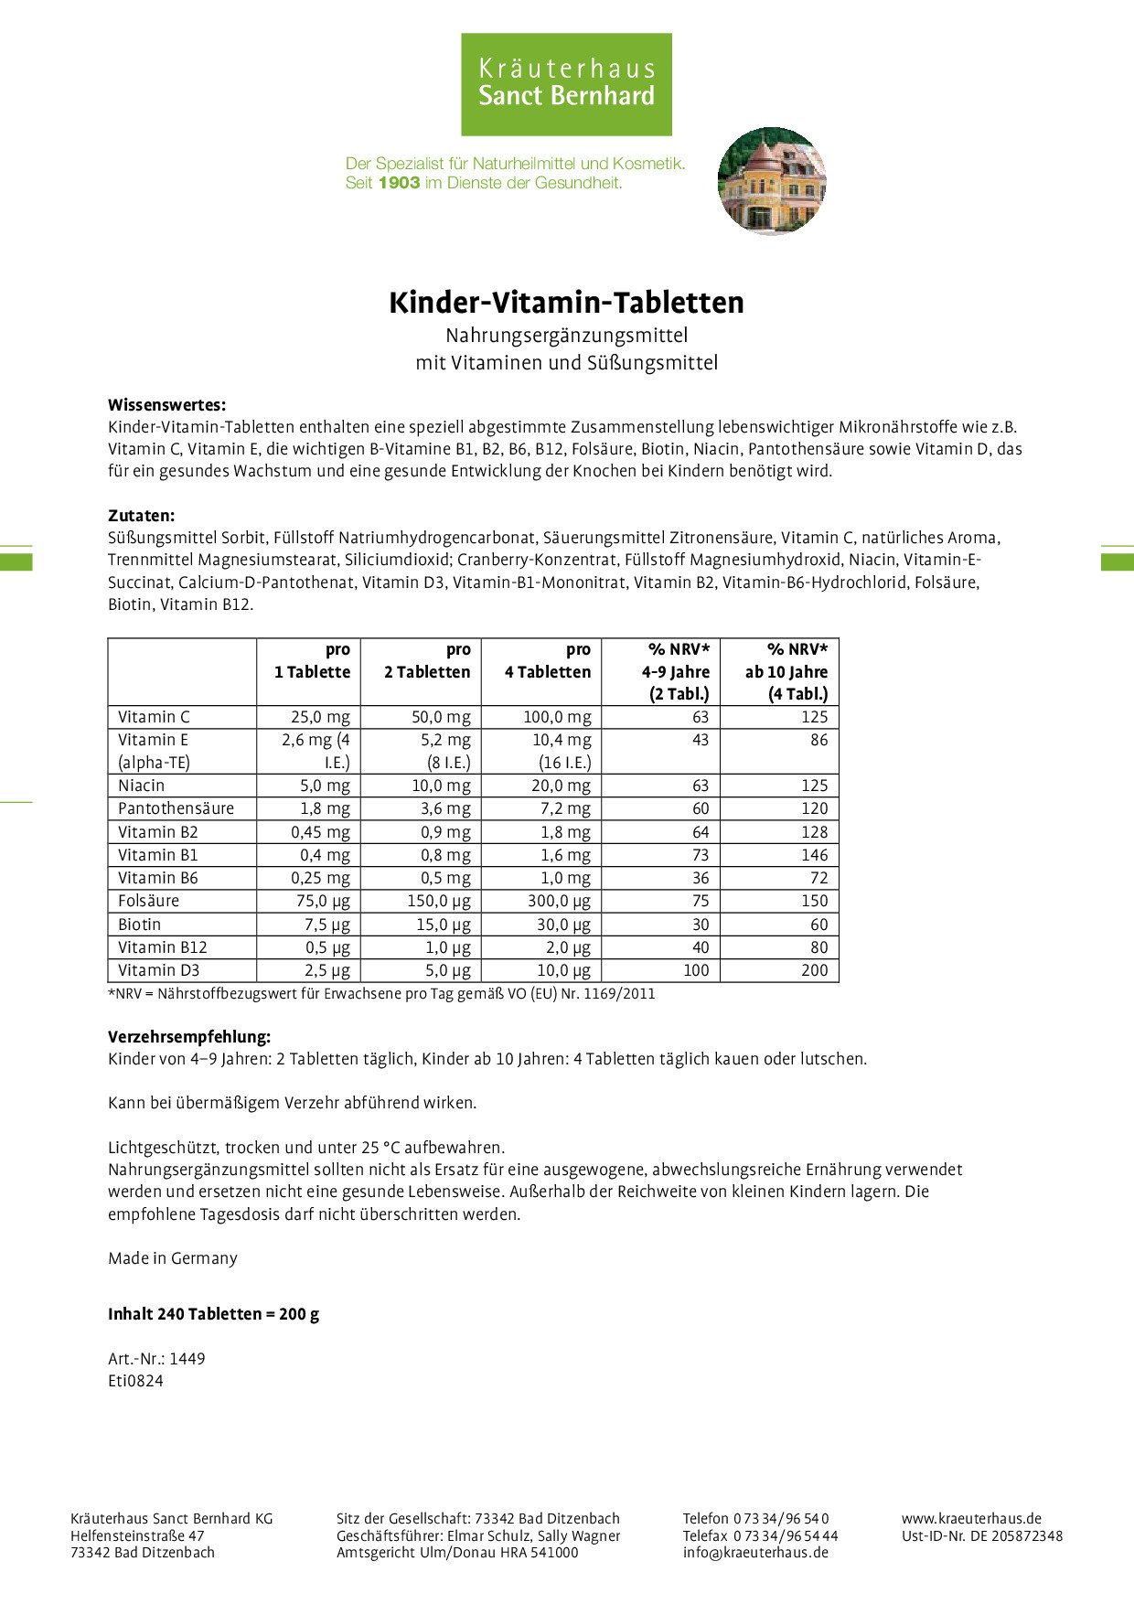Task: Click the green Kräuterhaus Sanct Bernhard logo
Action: click(x=566, y=84)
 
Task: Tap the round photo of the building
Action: click(x=772, y=181)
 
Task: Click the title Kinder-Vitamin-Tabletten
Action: click(x=566, y=303)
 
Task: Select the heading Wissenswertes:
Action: click(x=166, y=405)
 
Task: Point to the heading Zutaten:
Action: click(x=141, y=516)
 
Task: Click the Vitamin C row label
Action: click(x=154, y=717)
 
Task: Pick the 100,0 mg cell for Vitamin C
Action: click(x=556, y=717)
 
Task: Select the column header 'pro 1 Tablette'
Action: click(x=312, y=660)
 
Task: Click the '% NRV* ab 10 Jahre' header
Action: click(x=786, y=671)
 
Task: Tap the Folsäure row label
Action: click(x=148, y=901)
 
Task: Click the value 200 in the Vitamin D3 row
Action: click(x=814, y=970)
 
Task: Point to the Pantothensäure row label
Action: click(x=176, y=808)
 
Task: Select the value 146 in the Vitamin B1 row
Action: click(x=814, y=855)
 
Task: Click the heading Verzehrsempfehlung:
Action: click(x=189, y=1037)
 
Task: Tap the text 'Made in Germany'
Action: click(x=172, y=1258)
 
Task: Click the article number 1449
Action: click(x=187, y=1359)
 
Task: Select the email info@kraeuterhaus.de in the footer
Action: click(x=755, y=1552)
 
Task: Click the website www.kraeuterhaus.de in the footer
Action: click(x=971, y=1518)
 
